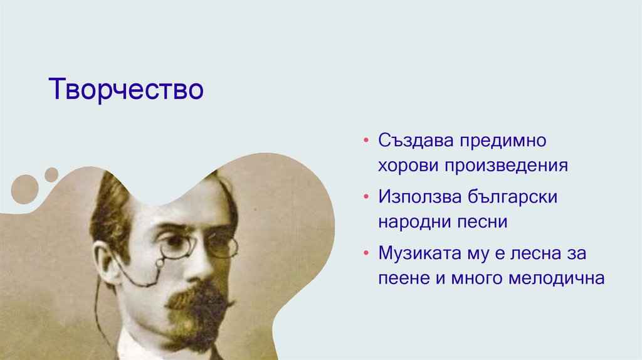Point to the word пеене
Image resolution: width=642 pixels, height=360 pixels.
(x=404, y=278)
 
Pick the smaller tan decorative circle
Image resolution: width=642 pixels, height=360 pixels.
(x=51, y=174)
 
